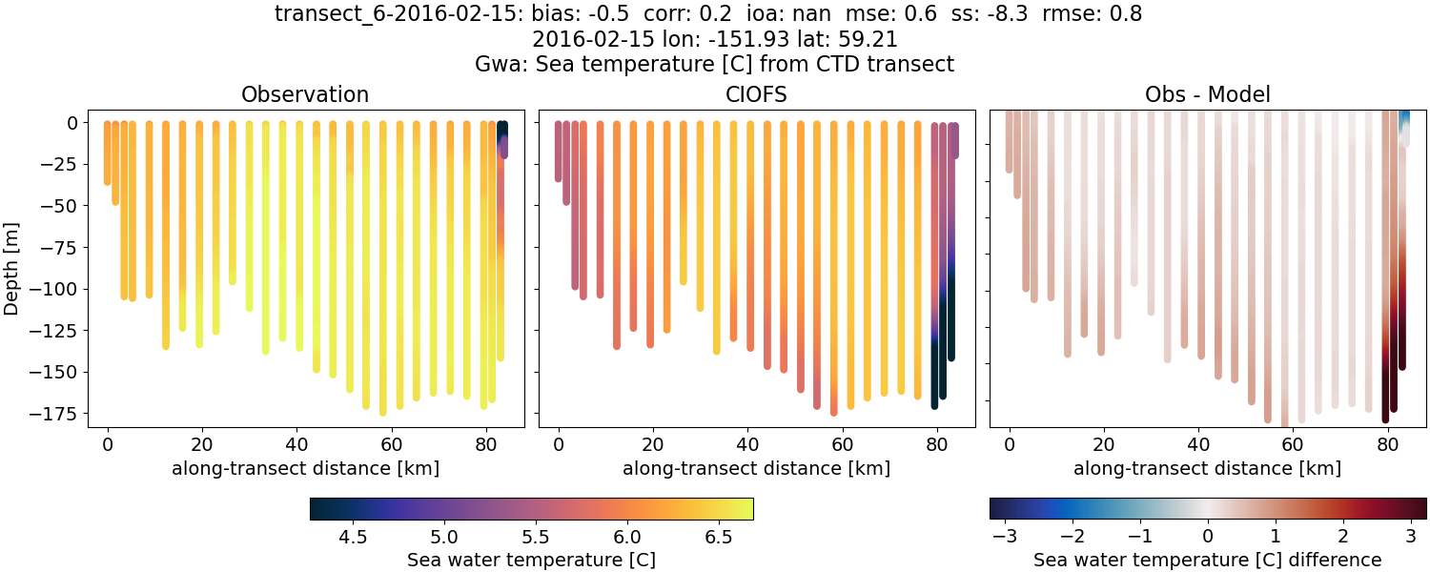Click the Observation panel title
(305, 94)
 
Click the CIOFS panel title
(757, 94)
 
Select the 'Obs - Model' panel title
(1207, 94)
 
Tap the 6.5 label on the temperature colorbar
(719, 537)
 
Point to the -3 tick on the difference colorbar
(1003, 537)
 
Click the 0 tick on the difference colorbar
(1208, 537)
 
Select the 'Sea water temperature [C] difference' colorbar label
(1207, 560)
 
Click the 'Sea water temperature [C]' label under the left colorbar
(531, 560)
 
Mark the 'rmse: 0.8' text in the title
(1092, 14)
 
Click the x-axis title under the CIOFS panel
(756, 468)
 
